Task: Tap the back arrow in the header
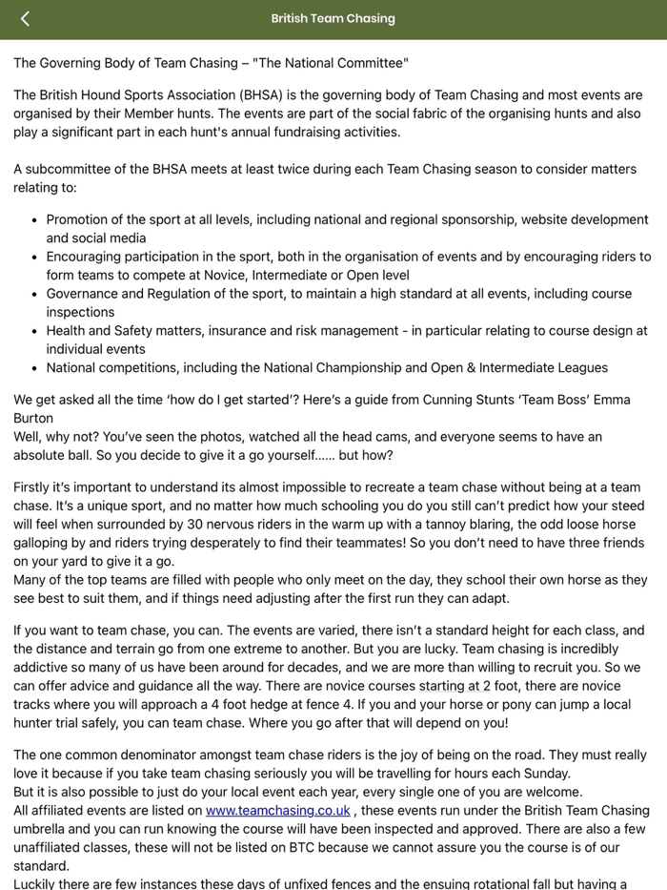tap(25, 18)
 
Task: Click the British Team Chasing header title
tap(333, 18)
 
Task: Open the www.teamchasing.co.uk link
tap(278, 811)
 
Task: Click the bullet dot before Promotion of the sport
tap(34, 220)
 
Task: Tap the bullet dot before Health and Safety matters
tap(34, 331)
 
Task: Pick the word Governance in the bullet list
tap(81, 294)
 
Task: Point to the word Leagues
tap(577, 367)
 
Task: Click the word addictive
tap(44, 668)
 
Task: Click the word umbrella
tap(45, 829)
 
